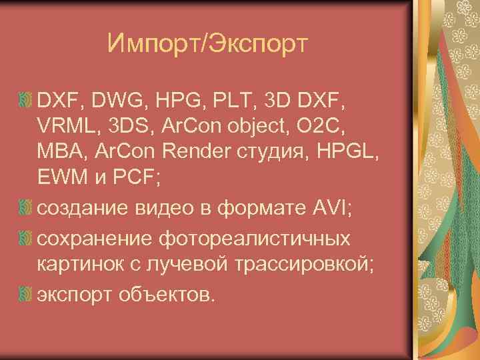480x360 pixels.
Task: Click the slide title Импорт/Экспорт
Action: coord(207,45)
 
